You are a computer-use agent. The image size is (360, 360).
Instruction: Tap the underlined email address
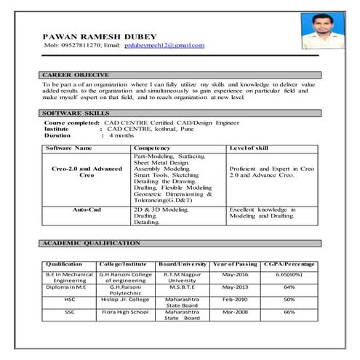(x=164, y=45)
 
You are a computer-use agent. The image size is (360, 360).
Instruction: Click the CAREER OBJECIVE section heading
(x=76, y=74)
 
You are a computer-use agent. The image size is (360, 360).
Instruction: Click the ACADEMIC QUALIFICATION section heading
(x=91, y=242)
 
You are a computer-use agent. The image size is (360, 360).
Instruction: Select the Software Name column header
(x=69, y=148)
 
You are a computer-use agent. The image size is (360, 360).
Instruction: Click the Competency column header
(x=152, y=148)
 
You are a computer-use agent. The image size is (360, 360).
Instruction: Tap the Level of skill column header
(x=249, y=148)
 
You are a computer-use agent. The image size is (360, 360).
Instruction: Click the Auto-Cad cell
(x=87, y=209)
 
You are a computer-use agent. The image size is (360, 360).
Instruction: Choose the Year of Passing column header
(x=236, y=263)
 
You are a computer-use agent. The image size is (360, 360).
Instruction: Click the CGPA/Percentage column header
(x=289, y=263)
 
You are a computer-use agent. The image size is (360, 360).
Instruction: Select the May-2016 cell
(x=236, y=274)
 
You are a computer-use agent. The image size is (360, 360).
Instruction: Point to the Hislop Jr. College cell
(x=124, y=298)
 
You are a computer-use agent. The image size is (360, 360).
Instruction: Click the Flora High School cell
(x=124, y=311)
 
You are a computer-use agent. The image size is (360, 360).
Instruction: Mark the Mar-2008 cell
(x=236, y=311)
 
